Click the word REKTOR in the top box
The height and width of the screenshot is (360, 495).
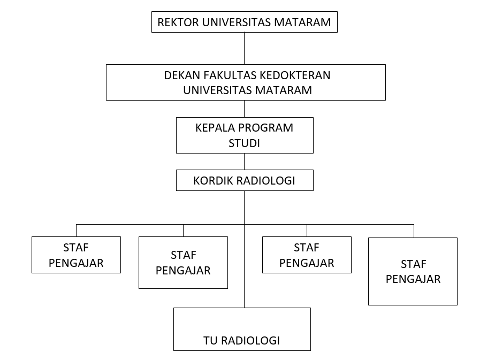click(x=178, y=22)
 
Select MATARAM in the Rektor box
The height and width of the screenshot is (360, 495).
click(x=302, y=22)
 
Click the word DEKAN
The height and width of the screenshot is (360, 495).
click(x=182, y=75)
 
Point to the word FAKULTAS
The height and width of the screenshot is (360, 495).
click(x=230, y=75)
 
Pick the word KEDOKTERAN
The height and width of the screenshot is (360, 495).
click(x=294, y=75)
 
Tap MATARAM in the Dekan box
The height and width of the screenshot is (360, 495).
click(x=283, y=90)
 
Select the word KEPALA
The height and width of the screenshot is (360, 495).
click(x=215, y=128)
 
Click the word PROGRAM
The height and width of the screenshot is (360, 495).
click(x=265, y=128)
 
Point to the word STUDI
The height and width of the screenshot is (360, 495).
click(x=244, y=143)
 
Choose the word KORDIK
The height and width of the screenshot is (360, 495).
click(x=213, y=181)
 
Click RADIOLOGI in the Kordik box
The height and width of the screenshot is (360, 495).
click(x=265, y=181)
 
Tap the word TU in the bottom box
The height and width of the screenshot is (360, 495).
click(x=210, y=341)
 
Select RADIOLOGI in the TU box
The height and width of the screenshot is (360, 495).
click(x=250, y=341)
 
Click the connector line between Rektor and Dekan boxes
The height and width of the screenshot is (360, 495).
click(x=245, y=49)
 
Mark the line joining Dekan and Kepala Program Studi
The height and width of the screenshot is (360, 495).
click(x=245, y=109)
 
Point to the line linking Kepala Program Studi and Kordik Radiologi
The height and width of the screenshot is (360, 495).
click(x=245, y=162)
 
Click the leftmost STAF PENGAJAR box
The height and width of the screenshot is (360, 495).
click(x=76, y=255)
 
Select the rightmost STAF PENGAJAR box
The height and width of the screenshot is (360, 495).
click(x=413, y=271)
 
